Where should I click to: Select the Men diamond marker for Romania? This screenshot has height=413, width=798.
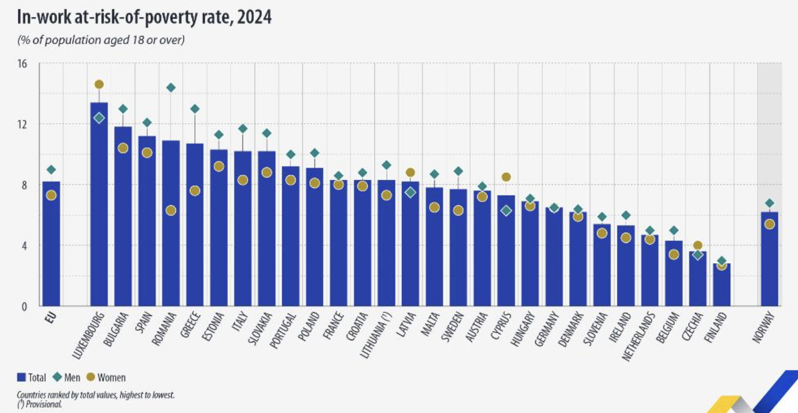pos(171,88)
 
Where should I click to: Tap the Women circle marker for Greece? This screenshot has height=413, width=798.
pos(195,191)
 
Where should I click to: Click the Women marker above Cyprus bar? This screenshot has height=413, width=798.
pos(506,177)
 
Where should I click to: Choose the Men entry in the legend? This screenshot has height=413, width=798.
pos(69,378)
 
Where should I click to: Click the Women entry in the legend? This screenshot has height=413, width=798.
pos(106,378)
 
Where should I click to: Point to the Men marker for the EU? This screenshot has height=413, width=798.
pos(51,170)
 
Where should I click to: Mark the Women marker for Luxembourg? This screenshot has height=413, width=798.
pos(99,84)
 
